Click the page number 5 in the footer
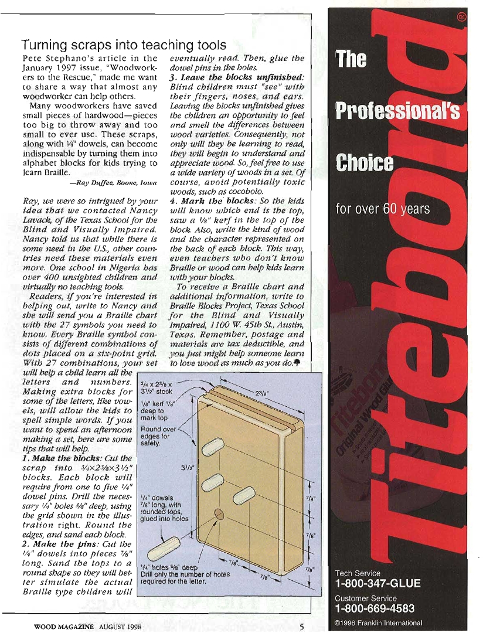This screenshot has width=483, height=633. [301, 626]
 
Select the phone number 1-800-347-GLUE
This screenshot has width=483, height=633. [377, 584]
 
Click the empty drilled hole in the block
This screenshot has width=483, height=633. [220, 514]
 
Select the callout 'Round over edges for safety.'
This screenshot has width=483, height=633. [154, 435]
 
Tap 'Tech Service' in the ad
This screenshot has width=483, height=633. [358, 573]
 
